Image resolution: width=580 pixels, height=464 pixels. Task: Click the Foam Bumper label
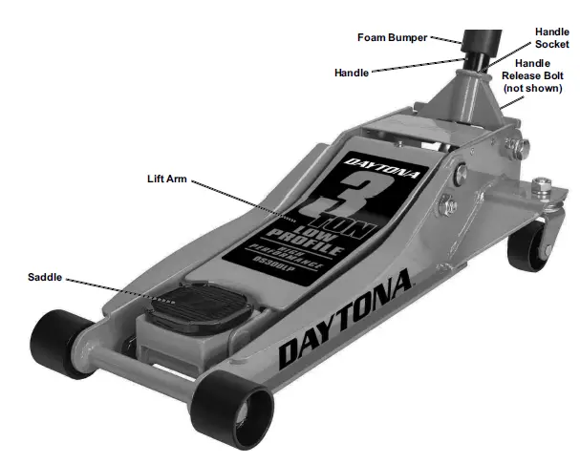(x=392, y=38)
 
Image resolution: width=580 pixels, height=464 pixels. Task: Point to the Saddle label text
(x=45, y=277)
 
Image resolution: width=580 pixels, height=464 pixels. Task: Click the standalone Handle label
(x=352, y=73)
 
